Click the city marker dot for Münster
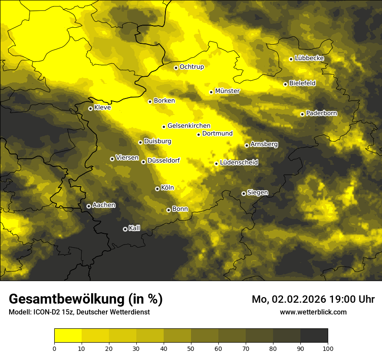click(x=211, y=92)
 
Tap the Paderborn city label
click(x=321, y=113)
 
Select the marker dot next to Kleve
click(x=90, y=108)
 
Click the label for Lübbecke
click(x=309, y=58)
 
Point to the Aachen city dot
click(x=89, y=206)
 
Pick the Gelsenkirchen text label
click(x=189, y=126)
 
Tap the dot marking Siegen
click(x=244, y=193)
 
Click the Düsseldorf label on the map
click(x=163, y=160)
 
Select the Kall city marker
click(x=125, y=229)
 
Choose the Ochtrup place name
click(x=191, y=67)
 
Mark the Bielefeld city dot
click(x=285, y=84)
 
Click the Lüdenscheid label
click(x=239, y=163)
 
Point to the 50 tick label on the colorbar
click(x=191, y=348)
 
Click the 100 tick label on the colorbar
click(x=328, y=348)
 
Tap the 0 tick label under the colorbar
click(x=54, y=348)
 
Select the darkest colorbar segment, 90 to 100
click(x=314, y=336)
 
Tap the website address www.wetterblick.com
click(x=313, y=312)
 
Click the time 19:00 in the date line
click(x=336, y=299)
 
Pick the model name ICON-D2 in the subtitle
click(x=46, y=312)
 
